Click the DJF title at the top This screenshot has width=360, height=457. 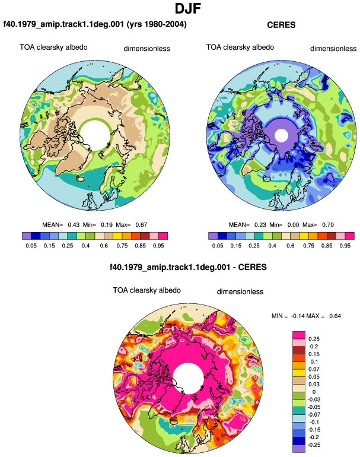(188, 9)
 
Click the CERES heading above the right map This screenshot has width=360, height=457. (281, 25)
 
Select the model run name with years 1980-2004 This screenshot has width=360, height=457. (95, 24)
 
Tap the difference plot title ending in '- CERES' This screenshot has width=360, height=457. (188, 267)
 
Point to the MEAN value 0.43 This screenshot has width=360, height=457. (74, 225)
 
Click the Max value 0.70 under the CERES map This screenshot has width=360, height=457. (328, 225)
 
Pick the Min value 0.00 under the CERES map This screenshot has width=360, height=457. (293, 225)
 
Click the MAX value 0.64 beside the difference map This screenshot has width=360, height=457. (335, 316)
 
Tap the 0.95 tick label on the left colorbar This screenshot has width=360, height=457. (158, 246)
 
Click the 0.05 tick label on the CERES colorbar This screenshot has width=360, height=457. (218, 246)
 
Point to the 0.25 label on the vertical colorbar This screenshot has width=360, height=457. (314, 339)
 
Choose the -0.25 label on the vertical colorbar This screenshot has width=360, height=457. (314, 445)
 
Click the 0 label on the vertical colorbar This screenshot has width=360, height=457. (314, 392)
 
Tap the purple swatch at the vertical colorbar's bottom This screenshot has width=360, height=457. (299, 449)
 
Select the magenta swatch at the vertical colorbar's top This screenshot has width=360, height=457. (299, 335)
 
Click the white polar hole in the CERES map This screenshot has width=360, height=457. (281, 135)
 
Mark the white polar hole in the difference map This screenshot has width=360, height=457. (188, 378)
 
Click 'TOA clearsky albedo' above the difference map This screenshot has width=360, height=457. (147, 290)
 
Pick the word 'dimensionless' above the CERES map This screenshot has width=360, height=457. (333, 49)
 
